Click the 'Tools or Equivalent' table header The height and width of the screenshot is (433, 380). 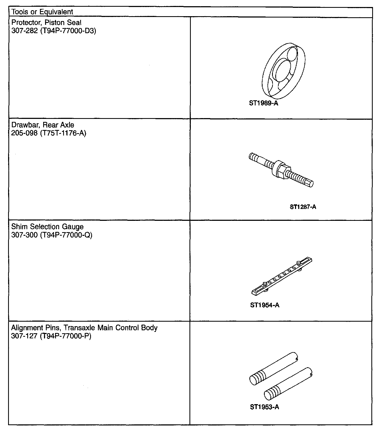[x=42, y=12]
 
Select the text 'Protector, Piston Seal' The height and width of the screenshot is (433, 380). [x=46, y=22]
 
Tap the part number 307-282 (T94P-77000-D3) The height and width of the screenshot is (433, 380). [x=53, y=31]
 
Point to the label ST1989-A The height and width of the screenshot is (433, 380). [x=263, y=103]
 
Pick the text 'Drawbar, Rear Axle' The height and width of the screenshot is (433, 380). [x=43, y=125]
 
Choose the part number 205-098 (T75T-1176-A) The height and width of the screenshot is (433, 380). [x=49, y=133]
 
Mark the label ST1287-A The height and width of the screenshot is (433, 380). [x=303, y=207]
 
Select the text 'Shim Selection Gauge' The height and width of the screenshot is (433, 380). [x=47, y=227]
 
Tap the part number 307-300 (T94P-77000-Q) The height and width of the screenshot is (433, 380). [x=52, y=235]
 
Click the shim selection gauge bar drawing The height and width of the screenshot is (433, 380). [x=282, y=276]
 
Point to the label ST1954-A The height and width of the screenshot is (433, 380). [x=264, y=305]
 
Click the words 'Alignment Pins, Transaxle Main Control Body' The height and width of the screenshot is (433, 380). [x=84, y=328]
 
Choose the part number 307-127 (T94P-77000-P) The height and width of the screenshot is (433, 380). [x=51, y=336]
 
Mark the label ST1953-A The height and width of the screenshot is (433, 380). [x=264, y=407]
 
